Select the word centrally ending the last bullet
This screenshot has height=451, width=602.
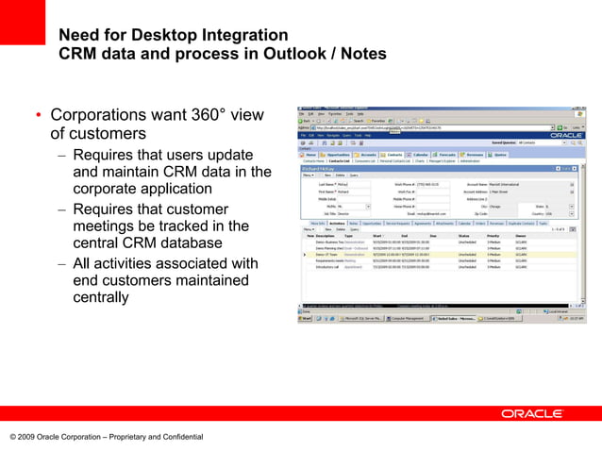(101, 297)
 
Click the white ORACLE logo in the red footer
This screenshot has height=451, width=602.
(532, 413)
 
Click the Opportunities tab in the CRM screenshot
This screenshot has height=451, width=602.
(340, 155)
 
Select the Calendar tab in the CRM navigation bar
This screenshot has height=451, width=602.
(421, 155)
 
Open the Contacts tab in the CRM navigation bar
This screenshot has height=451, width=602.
(393, 155)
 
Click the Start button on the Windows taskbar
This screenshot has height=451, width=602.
(306, 319)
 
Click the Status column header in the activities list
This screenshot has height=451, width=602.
(463, 236)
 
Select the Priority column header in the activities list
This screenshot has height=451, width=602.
(493, 236)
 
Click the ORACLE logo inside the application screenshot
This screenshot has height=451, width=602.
(567, 136)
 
